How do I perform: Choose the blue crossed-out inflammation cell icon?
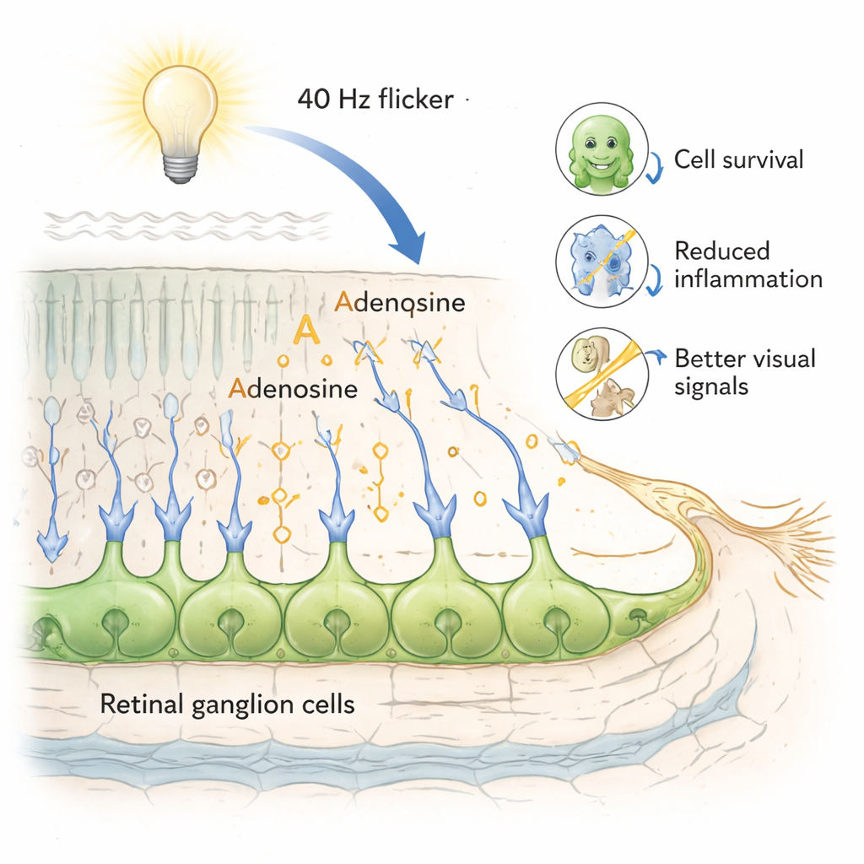(x=602, y=260)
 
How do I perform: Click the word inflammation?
(x=748, y=278)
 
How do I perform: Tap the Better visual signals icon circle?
(x=602, y=374)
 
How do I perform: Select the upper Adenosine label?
(x=400, y=302)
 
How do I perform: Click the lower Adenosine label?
(x=293, y=391)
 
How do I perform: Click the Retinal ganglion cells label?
(x=227, y=705)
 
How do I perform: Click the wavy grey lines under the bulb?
(x=186, y=224)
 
